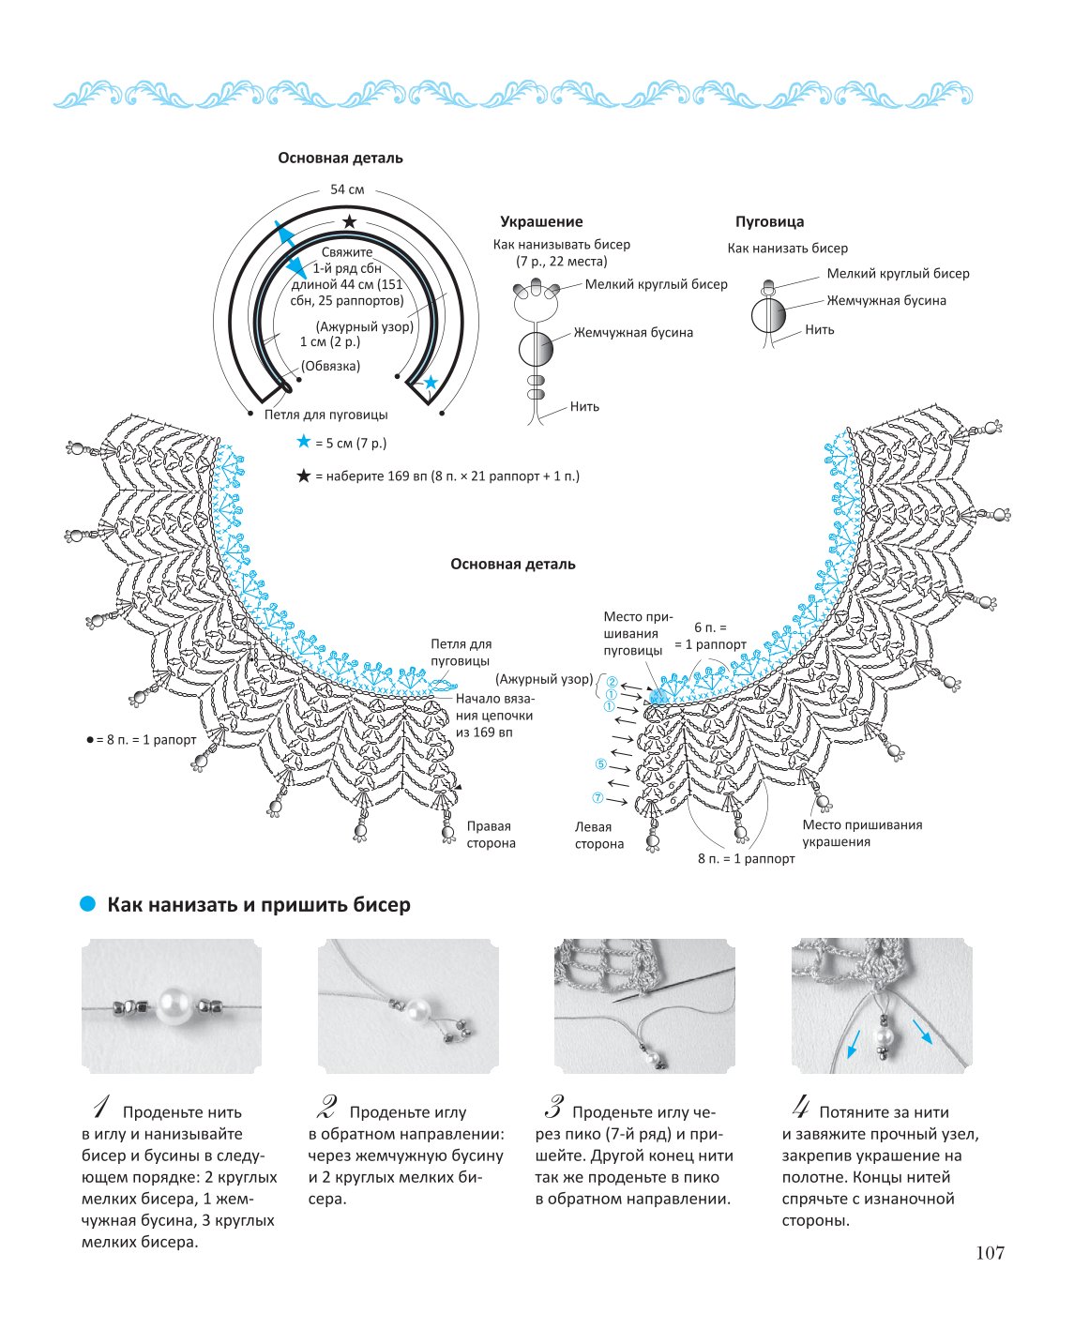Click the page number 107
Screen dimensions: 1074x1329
click(x=990, y=1252)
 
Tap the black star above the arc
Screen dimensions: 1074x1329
click(x=350, y=221)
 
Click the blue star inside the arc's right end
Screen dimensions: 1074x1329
click(x=431, y=382)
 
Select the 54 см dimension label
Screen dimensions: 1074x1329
click(x=347, y=189)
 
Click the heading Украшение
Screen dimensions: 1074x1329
click(x=541, y=221)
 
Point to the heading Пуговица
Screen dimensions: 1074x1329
click(x=769, y=221)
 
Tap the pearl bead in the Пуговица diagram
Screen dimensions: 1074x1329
click(x=768, y=316)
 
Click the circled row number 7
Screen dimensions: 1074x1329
click(x=598, y=797)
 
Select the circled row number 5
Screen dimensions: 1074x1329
click(x=600, y=763)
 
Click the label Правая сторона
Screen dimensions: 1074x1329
click(x=492, y=834)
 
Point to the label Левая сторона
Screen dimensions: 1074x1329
click(x=599, y=835)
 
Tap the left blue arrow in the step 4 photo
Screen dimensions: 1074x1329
click(x=853, y=1044)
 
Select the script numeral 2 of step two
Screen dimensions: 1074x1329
click(x=326, y=1108)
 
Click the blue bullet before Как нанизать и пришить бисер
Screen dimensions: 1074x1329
click(x=88, y=903)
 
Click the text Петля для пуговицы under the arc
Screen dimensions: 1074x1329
click(x=325, y=415)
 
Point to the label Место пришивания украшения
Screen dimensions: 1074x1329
click(x=862, y=833)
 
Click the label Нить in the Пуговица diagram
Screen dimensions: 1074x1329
click(x=819, y=329)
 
